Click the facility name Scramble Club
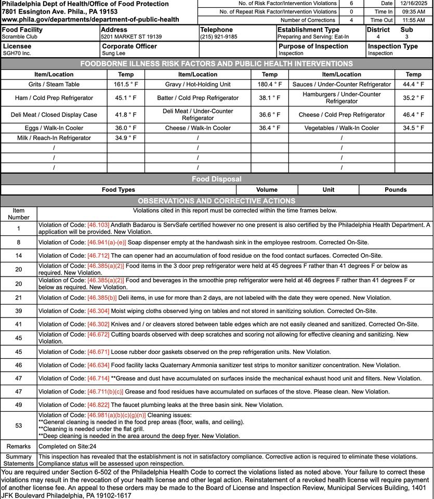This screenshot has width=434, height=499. click(x=19, y=37)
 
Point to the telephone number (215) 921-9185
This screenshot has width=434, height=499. click(x=218, y=37)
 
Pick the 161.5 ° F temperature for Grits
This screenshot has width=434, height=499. click(x=125, y=84)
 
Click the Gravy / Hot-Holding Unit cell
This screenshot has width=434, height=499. click(x=198, y=84)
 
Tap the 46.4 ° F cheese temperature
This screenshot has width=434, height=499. click(x=413, y=115)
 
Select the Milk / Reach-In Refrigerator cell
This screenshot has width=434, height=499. click(x=54, y=138)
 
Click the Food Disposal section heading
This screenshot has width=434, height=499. click(x=216, y=179)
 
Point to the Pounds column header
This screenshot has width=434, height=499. click(x=396, y=190)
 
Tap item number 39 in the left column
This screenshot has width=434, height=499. click(x=19, y=311)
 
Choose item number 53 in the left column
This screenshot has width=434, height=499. click(x=19, y=426)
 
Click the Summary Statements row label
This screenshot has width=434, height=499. click(x=19, y=460)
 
